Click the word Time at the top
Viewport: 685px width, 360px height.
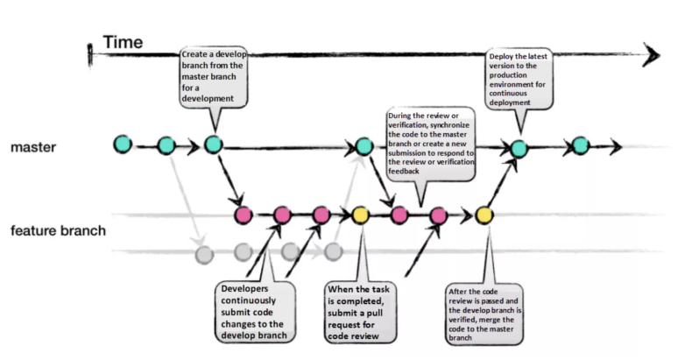pos(124,42)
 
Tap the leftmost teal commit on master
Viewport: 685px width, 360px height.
pos(123,143)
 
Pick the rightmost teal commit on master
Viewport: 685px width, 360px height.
pos(579,145)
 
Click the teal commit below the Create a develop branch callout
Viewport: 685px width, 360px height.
pos(212,144)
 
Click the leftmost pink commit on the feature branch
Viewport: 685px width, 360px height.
pos(244,214)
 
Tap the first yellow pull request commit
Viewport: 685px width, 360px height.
pos(359,214)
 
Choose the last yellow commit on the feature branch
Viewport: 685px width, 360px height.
pos(484,214)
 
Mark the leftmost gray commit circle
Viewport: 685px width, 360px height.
pos(203,255)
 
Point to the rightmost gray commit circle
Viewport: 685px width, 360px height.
pos(332,252)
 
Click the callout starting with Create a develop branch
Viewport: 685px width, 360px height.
pos(212,78)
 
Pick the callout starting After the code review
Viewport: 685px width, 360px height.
pos(487,314)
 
